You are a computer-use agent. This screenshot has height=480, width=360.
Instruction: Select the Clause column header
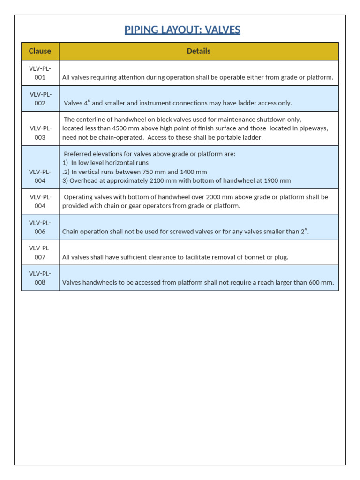click(40, 51)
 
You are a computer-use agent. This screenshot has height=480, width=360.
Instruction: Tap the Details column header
click(198, 51)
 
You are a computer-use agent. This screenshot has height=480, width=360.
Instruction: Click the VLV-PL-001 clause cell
click(40, 73)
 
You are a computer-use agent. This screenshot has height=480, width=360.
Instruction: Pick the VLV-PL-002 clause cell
click(40, 98)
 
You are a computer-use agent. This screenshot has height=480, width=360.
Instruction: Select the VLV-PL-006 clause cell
click(40, 227)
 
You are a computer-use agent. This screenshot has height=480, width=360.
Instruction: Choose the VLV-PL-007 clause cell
click(40, 252)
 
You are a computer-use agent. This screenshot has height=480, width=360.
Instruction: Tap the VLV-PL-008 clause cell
click(40, 277)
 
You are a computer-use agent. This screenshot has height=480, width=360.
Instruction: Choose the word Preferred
click(78, 154)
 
